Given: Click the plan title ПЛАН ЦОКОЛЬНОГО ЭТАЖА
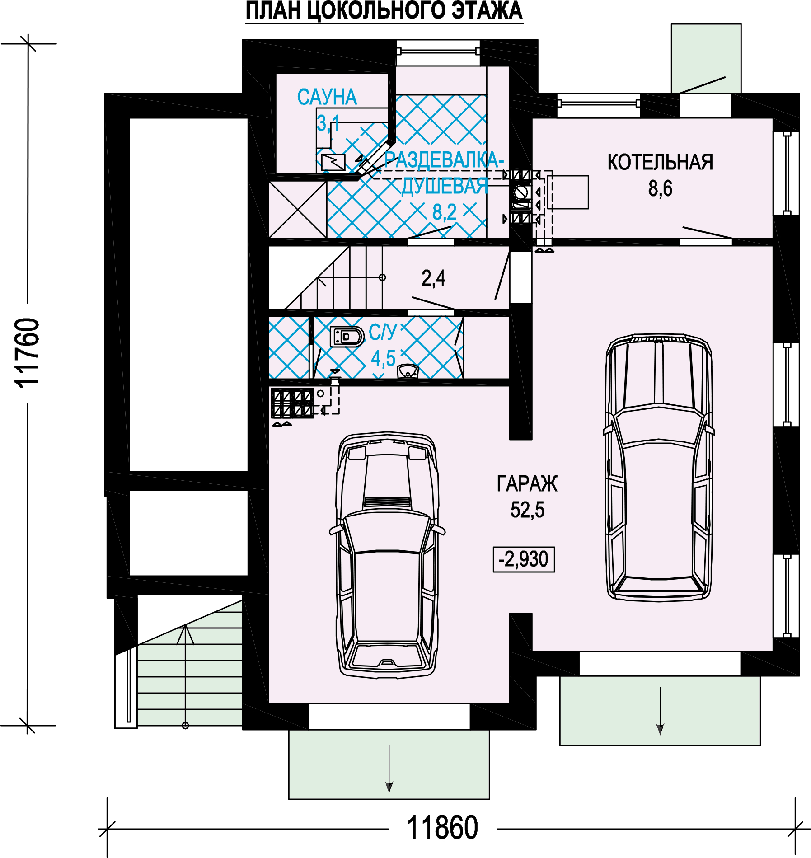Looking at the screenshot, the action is click(384, 11).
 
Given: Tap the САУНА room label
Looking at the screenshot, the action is click(327, 97).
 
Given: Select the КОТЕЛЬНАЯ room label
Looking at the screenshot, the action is click(660, 162).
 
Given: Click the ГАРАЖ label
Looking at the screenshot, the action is click(527, 483).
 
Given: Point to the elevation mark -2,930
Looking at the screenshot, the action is click(524, 559).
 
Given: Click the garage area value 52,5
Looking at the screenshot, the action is click(527, 510).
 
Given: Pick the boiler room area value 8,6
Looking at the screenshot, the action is click(660, 188).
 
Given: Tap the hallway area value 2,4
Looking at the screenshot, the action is click(433, 278).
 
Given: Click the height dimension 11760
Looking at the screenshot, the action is click(27, 352).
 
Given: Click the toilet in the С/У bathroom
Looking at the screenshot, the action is click(347, 337).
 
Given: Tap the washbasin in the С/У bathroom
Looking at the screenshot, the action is click(408, 371).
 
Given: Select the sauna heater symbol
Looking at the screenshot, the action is click(333, 162).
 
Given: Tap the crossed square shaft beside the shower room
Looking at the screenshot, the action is click(298, 209).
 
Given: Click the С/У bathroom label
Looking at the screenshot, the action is click(383, 332).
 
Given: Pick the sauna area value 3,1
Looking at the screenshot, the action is click(328, 123).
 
